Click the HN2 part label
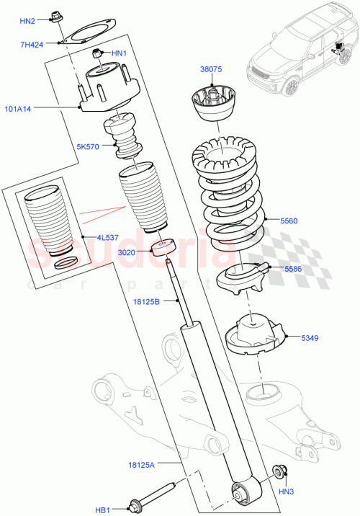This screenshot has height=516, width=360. pyautogui.click(x=27, y=22)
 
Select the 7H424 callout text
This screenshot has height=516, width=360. pyautogui.click(x=31, y=45)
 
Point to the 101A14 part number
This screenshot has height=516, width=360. pyautogui.click(x=20, y=110)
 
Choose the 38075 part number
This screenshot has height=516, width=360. pyautogui.click(x=212, y=70)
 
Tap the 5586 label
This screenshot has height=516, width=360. pyautogui.click(x=293, y=268)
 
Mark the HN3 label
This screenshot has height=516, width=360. pyautogui.click(x=287, y=492)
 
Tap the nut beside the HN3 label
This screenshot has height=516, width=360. pyautogui.click(x=279, y=473)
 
